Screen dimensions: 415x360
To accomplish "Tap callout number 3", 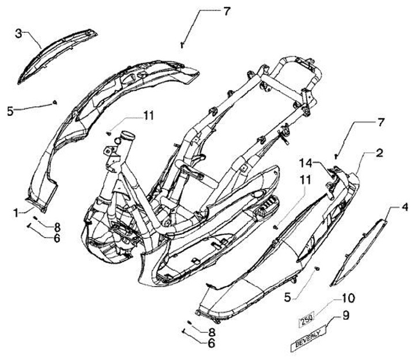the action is tap(19, 33).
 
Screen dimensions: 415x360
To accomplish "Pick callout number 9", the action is tap(346, 315).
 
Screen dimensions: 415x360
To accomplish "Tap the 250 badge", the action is tap(306, 318).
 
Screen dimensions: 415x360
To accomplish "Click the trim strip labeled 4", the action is tap(361, 248).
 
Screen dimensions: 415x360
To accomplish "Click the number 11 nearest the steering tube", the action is tap(149, 116).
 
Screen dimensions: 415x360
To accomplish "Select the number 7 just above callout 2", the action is tap(379, 123).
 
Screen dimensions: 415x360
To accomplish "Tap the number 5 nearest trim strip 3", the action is tap(10, 110).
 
